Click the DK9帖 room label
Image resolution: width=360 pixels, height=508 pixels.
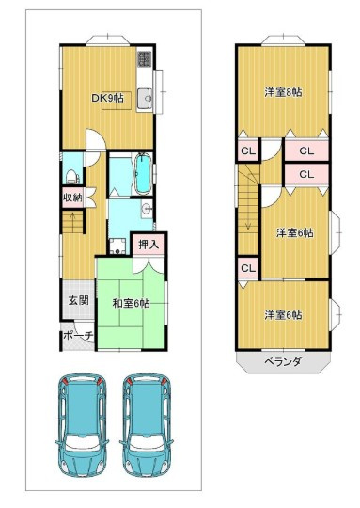coord(107,98)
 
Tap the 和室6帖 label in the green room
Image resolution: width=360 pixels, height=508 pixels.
coord(131,303)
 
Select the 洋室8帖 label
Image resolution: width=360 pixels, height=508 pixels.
coord(283,92)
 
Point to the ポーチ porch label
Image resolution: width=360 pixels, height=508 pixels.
coord(78,335)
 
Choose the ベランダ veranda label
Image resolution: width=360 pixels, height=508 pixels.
coord(284,361)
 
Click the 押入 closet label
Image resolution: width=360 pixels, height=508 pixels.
coord(149,245)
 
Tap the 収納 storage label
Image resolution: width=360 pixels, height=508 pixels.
coord(72,197)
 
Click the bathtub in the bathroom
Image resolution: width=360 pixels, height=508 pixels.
coord(143,174)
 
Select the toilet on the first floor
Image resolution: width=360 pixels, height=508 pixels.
coord(72,177)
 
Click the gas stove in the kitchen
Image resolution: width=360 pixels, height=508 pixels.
coord(145,59)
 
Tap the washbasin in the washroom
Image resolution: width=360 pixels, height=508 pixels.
coord(147,208)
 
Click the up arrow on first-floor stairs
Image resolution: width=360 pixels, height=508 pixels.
coord(72,220)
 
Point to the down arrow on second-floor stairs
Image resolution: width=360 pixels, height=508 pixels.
coord(248,202)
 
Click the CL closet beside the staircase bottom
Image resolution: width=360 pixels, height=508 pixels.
coord(248,268)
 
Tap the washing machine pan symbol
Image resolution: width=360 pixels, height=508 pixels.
coord(117,246)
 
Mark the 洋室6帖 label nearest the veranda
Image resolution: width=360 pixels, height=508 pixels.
coord(283,314)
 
